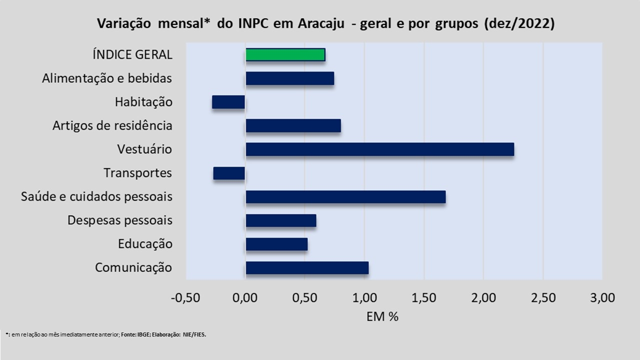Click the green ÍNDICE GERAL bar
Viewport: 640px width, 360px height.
click(285, 54)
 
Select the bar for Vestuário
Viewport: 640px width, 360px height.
click(379, 149)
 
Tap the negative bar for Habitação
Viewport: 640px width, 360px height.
click(228, 102)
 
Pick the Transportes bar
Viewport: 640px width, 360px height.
click(229, 173)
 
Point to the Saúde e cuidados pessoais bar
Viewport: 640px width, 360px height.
click(345, 196)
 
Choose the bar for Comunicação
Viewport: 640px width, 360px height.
click(307, 267)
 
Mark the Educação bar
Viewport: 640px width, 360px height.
click(276, 244)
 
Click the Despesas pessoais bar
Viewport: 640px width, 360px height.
click(280, 220)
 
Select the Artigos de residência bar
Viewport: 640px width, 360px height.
click(293, 125)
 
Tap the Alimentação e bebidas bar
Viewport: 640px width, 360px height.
click(289, 78)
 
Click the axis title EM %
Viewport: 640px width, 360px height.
click(382, 316)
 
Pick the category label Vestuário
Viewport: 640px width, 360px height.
click(145, 149)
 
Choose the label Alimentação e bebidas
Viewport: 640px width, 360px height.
click(107, 78)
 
